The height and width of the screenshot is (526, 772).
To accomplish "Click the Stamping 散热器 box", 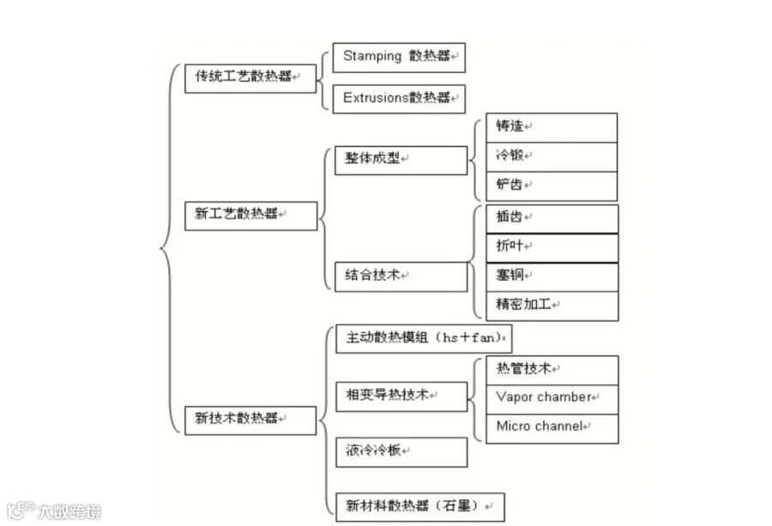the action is coord(399,57).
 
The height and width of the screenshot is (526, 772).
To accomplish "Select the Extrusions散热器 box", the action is coord(399,99).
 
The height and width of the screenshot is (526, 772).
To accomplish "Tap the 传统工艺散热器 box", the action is coord(250,78).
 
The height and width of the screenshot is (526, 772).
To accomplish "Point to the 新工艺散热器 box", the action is coord(251,215).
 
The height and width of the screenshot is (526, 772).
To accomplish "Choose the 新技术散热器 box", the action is coord(250,420).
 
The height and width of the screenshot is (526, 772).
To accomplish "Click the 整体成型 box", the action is coord(401,160).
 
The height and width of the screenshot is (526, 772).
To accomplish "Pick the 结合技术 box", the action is coord(401,277).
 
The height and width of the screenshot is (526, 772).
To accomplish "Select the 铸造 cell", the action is coord(552,128).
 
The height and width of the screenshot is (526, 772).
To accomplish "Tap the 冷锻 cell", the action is coord(552,158).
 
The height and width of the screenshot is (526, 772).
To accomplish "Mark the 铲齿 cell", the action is coord(552,187).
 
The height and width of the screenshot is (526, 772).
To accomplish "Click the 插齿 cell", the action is coord(552,219).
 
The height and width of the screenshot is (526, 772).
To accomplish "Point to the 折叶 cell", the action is coord(552,248).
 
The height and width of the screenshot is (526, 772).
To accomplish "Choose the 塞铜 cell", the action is coord(552,277).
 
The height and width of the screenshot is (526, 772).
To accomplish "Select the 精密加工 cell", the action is coord(552,306).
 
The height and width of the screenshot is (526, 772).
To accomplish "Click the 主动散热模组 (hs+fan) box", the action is coord(424,339).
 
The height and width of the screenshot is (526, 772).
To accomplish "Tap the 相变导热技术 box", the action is coord(401,396).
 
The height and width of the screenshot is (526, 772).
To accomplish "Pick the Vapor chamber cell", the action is coord(552,399).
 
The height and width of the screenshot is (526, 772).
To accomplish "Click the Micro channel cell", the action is coord(552,429).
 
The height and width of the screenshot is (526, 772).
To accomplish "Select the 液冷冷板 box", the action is coord(401,452).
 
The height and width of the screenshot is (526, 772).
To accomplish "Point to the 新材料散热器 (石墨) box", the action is coord(420,507).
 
